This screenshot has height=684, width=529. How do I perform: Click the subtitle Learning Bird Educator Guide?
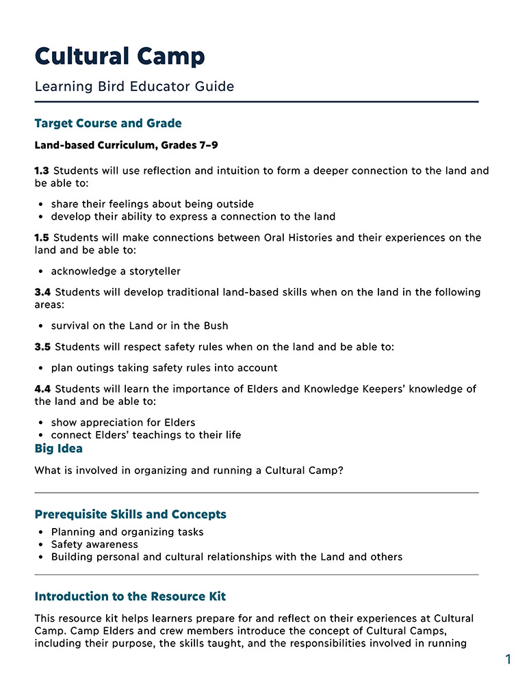134,87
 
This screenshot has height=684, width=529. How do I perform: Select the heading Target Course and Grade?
108,124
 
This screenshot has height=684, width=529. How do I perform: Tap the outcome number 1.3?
42,171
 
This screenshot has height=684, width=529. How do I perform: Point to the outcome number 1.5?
42,238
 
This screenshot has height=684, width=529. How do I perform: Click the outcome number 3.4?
42,293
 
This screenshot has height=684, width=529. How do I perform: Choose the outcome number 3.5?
42,347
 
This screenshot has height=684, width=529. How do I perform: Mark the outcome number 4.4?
42,389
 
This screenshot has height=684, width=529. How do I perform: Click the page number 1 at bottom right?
508,660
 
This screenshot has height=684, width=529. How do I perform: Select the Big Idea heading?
58,449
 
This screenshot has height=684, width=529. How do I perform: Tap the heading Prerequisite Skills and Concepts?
130,514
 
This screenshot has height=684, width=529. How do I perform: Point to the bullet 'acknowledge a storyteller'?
116,272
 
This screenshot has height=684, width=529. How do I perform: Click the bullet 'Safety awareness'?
94,544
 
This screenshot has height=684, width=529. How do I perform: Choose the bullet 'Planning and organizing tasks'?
127,532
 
